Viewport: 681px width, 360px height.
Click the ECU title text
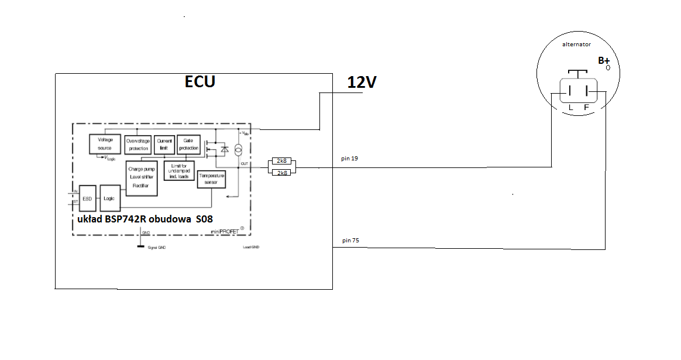tap(200, 81)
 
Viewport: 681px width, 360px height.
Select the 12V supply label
tap(361, 83)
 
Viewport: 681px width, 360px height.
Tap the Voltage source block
tap(105, 144)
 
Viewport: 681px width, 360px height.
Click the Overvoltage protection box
tap(138, 145)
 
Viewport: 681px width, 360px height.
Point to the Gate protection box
tap(188, 145)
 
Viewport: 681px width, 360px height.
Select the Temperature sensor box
tap(211, 179)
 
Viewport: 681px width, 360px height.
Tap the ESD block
tap(87, 198)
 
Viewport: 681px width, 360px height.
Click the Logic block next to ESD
tap(109, 198)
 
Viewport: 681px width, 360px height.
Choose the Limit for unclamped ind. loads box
tap(179, 170)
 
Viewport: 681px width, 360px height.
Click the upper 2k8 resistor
tap(281, 162)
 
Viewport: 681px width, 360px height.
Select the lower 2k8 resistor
tap(281, 172)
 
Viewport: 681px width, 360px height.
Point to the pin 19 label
tap(349, 159)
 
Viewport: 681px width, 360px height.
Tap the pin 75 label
tap(349, 241)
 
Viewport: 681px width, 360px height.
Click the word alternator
tap(576, 44)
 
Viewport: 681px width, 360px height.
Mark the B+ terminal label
tap(603, 60)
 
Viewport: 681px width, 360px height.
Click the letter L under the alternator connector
tap(570, 108)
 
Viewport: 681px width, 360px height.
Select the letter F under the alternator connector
tap(586, 108)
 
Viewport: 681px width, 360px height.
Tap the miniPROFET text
tap(225, 232)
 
